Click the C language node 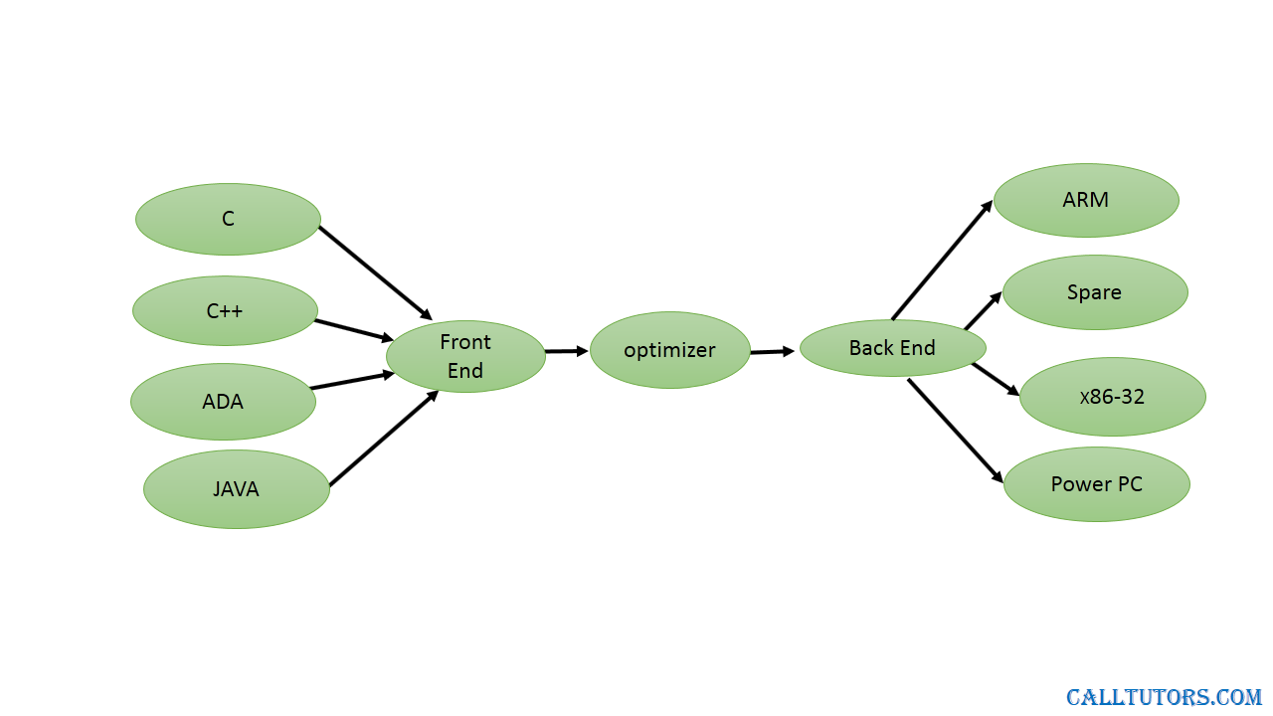(228, 219)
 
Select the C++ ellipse (225, 311)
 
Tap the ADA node (224, 402)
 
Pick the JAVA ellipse (237, 489)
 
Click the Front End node (465, 356)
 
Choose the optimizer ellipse (670, 350)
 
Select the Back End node (893, 348)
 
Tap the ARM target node (1086, 200)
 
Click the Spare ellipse (1095, 292)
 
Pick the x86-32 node (1113, 397)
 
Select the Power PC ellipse (1097, 484)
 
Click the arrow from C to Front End (376, 272)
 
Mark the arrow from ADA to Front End (352, 380)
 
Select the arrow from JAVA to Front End (384, 438)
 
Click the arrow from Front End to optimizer (567, 351)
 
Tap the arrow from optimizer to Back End (773, 352)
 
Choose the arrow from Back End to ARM (942, 260)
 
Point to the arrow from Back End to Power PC (956, 432)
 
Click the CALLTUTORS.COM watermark (1164, 697)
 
